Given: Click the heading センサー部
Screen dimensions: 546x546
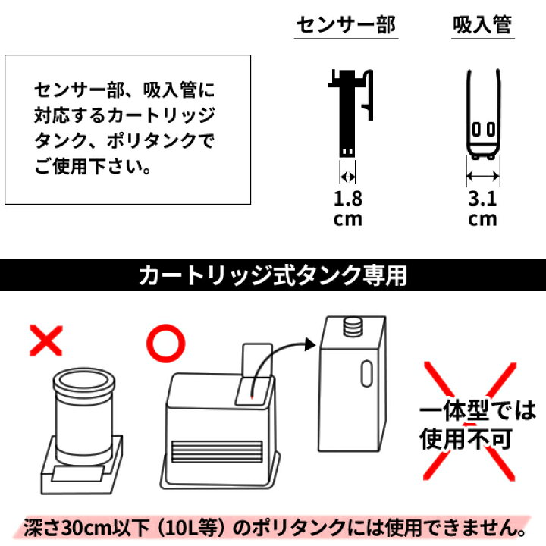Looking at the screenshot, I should click(x=345, y=26).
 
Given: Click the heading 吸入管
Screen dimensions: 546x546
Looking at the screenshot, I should click(x=482, y=26).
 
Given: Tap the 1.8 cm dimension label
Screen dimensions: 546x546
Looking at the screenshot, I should click(x=348, y=209).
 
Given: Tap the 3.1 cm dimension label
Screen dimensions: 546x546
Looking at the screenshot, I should click(x=482, y=209).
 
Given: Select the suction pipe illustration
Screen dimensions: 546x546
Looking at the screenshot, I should click(x=483, y=114).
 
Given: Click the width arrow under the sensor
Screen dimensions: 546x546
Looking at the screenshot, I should click(x=347, y=177).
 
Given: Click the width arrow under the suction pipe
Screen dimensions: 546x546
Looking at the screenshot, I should click(x=483, y=177).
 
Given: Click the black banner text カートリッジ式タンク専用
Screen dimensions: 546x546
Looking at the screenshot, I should click(x=272, y=275).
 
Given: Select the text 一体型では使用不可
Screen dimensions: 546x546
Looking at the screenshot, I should click(x=478, y=425).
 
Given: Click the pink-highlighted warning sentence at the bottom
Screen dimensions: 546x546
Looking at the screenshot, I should click(x=272, y=525).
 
